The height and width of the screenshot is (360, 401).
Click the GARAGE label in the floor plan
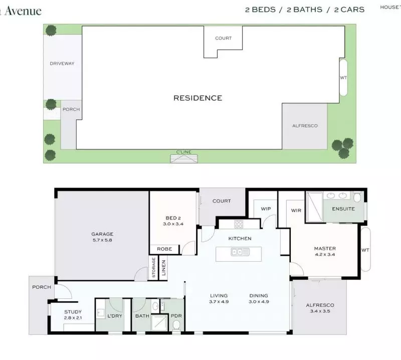pyautogui.click(x=102, y=234)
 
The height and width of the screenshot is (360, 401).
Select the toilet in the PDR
pyautogui.click(x=176, y=325)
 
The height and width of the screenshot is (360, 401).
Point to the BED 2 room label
pyautogui.click(x=172, y=218)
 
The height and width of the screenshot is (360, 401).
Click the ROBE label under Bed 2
pyautogui.click(x=164, y=249)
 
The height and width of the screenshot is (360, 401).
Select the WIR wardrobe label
pyautogui.click(x=296, y=211)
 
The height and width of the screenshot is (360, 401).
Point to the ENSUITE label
pyautogui.click(x=343, y=209)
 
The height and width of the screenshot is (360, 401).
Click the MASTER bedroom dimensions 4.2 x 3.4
pyautogui.click(x=325, y=255)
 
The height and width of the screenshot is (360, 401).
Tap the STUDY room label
pyautogui.click(x=73, y=312)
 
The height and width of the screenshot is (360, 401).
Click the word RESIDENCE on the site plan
pyautogui.click(x=197, y=98)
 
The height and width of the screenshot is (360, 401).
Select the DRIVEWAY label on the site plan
pyautogui.click(x=62, y=64)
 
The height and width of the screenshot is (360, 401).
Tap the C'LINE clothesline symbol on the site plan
pyautogui.click(x=184, y=158)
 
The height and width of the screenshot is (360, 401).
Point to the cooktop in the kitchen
pyautogui.click(x=239, y=224)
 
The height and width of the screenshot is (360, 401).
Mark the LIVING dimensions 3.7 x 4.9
pyautogui.click(x=219, y=302)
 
